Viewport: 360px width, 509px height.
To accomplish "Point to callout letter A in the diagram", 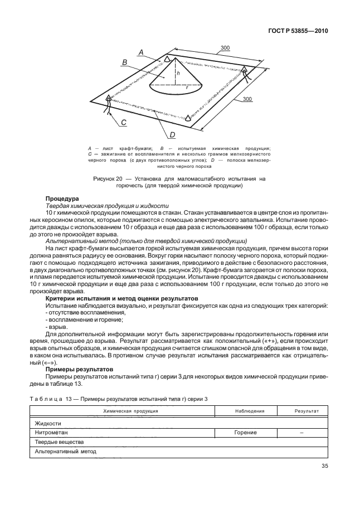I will tap(142, 52).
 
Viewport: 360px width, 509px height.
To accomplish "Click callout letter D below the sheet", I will tap(172, 134).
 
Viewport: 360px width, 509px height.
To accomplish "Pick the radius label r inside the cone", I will tap(187, 87).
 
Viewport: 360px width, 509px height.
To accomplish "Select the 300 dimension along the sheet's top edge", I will tap(225, 49).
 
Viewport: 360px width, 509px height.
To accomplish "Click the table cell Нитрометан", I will tap(50, 432).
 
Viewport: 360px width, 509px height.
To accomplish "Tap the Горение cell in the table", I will tap(245, 432).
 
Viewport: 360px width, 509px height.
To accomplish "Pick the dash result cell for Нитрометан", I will tap(301, 432).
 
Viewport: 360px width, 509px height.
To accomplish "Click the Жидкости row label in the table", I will tap(48, 423).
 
